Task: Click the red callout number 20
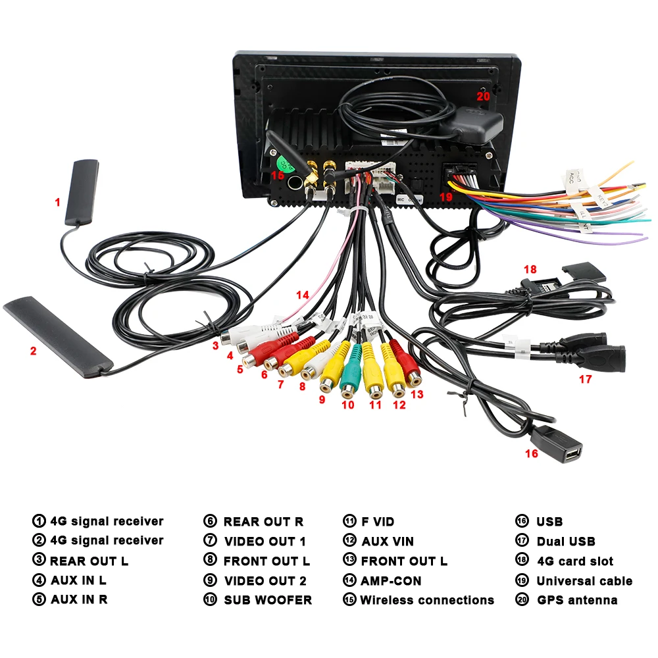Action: (484, 96)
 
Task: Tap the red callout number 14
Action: (302, 295)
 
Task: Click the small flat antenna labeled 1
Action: (80, 191)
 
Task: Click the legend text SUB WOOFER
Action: (268, 600)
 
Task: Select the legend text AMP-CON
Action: (391, 581)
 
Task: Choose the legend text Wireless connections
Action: (426, 600)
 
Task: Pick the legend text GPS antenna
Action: (577, 600)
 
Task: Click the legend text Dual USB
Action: (566, 542)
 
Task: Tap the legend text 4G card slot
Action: (574, 561)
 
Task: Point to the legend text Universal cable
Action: (584, 581)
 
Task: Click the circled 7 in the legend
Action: (210, 542)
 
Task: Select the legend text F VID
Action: (378, 522)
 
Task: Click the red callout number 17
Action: (585, 379)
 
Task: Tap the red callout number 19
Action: (447, 197)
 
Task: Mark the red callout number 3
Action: (215, 344)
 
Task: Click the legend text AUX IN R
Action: (79, 599)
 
